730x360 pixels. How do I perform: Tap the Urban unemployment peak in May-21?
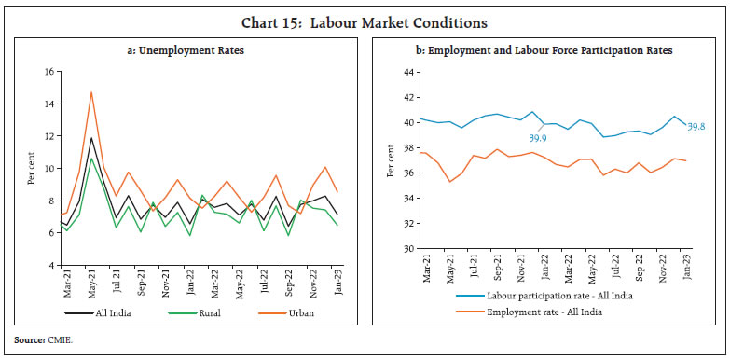pos(91,92)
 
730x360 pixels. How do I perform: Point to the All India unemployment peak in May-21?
pos(91,138)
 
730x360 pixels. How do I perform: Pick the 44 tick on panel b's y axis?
pos(406,72)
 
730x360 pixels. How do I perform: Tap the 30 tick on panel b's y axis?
pos(406,250)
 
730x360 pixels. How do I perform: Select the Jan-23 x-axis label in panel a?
pos(336,283)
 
